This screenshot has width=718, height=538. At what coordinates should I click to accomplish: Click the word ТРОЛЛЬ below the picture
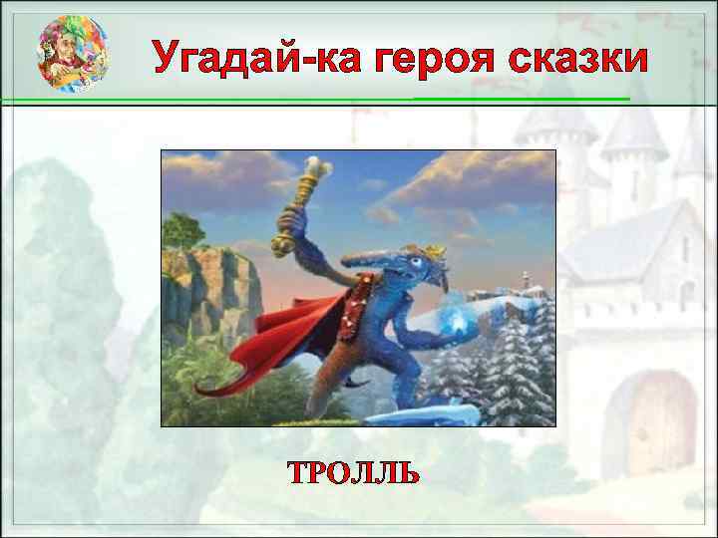[353, 472]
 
